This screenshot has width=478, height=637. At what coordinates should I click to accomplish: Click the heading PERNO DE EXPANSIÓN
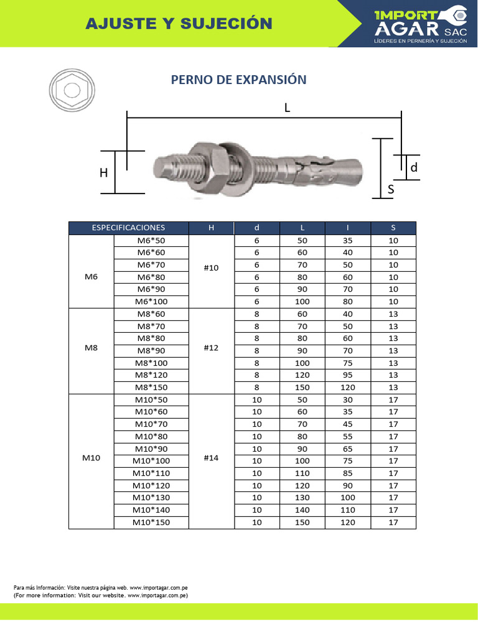(x=238, y=80)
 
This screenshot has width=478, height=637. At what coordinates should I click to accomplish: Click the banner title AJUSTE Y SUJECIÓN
(x=179, y=24)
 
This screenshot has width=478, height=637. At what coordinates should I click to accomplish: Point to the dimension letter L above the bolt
(x=287, y=108)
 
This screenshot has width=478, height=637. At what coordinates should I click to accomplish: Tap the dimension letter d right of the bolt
(x=413, y=167)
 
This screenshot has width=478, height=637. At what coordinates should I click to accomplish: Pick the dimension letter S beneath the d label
(x=391, y=190)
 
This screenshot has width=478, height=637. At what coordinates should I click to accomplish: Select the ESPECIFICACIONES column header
(x=128, y=228)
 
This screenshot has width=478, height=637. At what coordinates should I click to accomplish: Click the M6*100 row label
(x=151, y=301)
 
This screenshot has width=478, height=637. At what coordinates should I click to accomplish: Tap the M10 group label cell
(x=91, y=460)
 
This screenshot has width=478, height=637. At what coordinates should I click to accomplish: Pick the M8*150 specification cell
(x=151, y=387)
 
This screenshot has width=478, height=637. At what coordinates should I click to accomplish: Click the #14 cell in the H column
(x=211, y=460)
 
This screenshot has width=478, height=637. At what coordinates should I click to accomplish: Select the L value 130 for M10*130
(x=302, y=497)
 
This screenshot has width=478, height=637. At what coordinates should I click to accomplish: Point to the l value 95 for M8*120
(x=348, y=374)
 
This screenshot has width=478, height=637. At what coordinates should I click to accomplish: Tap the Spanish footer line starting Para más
(x=101, y=587)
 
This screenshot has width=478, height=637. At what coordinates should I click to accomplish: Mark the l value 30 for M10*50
(x=348, y=399)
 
